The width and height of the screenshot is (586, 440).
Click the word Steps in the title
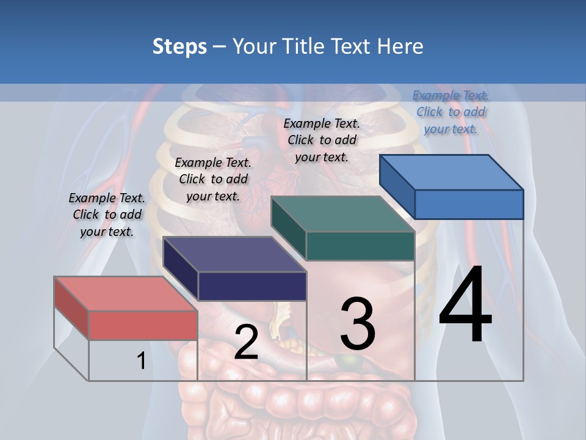tap(179, 46)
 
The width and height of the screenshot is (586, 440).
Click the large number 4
tap(465, 306)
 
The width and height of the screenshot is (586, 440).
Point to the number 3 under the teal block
tap(358, 324)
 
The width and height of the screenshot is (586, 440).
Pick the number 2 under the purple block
tap(246, 342)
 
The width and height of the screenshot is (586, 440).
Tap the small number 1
tap(141, 361)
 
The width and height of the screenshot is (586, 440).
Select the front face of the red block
tap(143, 325)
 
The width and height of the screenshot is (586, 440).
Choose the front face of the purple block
tap(252, 286)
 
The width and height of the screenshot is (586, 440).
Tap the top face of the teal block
tap(342, 214)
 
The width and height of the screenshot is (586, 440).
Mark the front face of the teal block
tap(360, 246)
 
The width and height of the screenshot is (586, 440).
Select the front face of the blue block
tap(469, 204)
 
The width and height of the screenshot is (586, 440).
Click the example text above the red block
tap(107, 215)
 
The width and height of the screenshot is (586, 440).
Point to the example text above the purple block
tap(213, 179)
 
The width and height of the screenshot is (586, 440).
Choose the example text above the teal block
tap(322, 140)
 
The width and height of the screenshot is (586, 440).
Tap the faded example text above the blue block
tap(450, 112)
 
